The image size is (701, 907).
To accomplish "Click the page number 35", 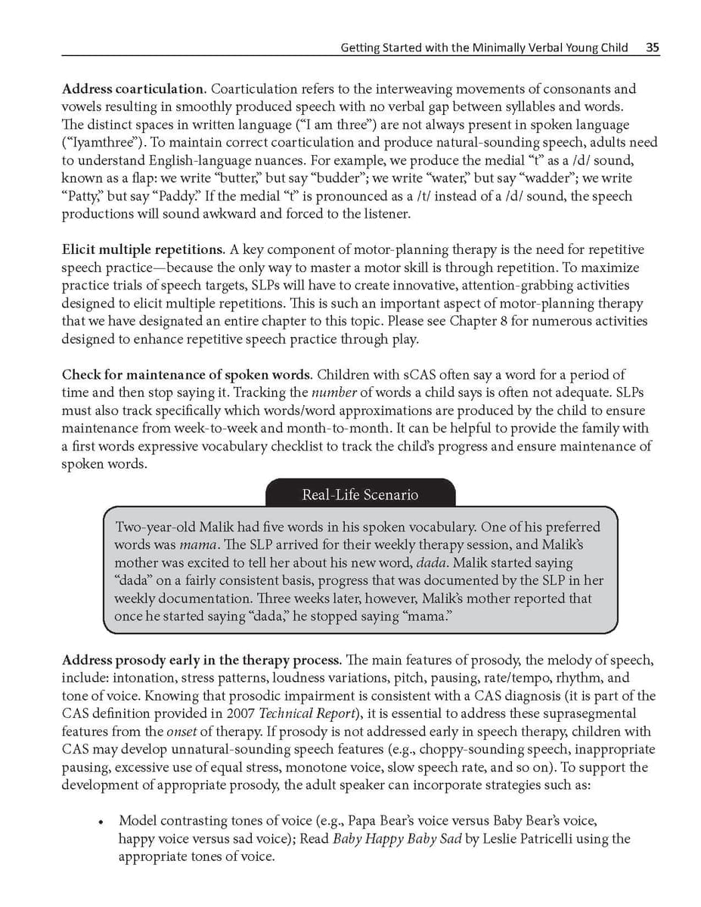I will [653, 48].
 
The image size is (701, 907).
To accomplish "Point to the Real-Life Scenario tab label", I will [360, 495].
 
